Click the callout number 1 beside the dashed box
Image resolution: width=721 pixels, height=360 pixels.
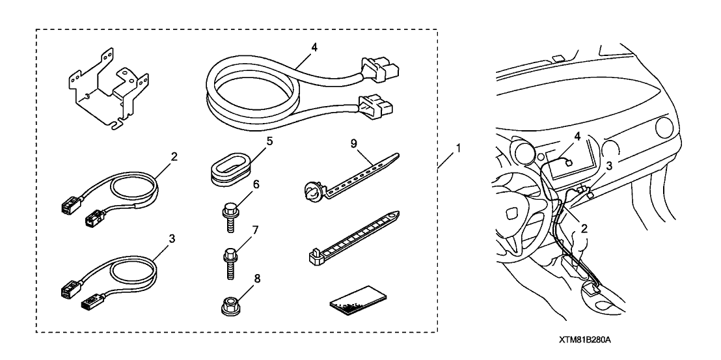click(459, 148)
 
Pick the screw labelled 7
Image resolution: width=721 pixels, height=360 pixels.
click(230, 262)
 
